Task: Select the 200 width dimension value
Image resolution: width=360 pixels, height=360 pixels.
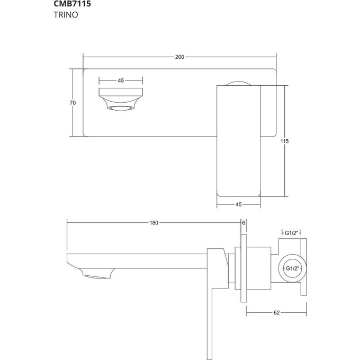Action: [180, 57]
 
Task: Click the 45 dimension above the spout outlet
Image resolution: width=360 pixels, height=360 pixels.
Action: [121, 80]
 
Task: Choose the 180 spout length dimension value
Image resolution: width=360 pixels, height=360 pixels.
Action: [154, 223]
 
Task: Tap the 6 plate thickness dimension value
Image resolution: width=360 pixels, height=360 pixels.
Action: [244, 223]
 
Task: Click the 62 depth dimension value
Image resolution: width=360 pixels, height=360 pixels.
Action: [276, 313]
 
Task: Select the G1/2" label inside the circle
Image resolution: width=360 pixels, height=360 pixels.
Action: [292, 269]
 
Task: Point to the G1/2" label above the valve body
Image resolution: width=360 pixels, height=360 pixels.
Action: [292, 232]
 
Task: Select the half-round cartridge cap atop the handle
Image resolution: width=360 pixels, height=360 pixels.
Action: [239, 82]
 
